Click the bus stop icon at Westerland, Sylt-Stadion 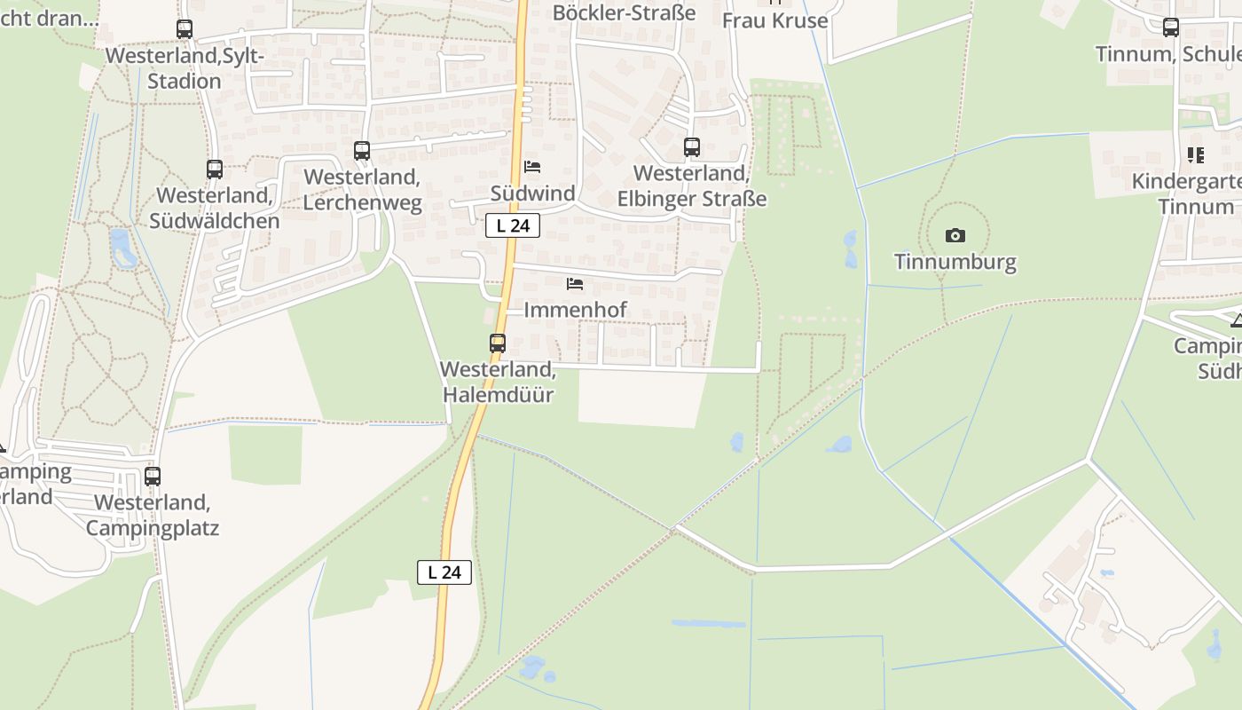185,29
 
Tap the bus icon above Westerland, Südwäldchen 215,170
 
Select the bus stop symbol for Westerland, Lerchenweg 362,151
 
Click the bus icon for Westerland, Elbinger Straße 692,147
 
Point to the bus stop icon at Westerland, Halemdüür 498,343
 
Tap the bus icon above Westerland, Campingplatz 153,477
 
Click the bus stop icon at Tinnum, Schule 1171,28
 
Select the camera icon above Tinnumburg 955,235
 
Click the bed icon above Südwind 532,167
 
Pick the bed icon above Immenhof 575,284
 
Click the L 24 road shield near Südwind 513,225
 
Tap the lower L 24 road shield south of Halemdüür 444,572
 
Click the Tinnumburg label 955,262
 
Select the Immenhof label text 575,310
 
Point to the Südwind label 533,193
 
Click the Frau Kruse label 774,20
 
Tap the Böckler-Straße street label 625,12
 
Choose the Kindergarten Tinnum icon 1196,156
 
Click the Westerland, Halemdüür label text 498,382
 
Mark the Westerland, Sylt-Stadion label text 185,67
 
